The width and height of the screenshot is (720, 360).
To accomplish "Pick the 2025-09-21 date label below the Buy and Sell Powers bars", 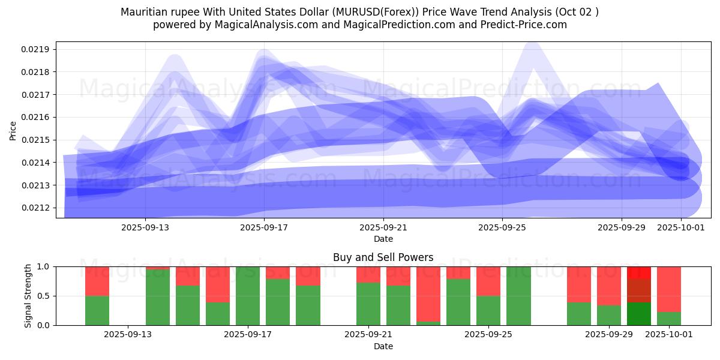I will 368,334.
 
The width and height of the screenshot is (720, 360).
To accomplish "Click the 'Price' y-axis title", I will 13,130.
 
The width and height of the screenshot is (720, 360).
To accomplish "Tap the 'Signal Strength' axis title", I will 28,296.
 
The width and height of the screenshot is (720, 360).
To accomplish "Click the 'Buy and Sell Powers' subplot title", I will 383,257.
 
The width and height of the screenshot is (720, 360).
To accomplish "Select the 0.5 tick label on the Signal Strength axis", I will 44,296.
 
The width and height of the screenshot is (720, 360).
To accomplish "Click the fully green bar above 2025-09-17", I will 248,296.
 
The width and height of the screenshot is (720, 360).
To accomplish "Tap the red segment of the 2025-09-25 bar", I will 488,281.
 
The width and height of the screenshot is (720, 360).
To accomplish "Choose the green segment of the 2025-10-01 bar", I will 669,319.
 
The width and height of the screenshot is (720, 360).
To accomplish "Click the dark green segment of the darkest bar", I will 639,314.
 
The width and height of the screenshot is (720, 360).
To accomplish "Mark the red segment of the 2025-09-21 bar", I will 368,274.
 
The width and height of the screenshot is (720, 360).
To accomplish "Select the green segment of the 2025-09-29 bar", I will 609,316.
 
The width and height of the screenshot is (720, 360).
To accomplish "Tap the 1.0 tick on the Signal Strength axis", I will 44,266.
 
